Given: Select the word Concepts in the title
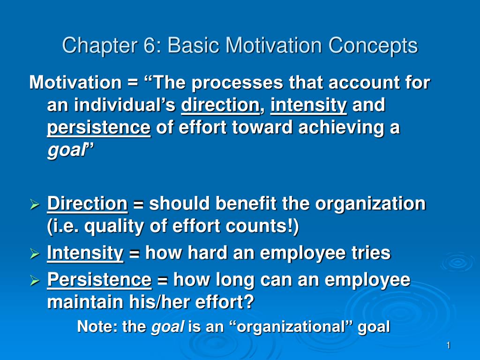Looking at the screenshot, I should tap(373, 46).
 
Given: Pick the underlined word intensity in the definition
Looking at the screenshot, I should tap(308, 105).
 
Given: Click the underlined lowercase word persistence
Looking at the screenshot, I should tap(99, 128).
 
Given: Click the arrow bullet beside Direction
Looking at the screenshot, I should tap(35, 205).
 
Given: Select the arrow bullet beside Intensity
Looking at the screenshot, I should tap(35, 255).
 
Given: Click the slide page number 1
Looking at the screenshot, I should tap(448, 346).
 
